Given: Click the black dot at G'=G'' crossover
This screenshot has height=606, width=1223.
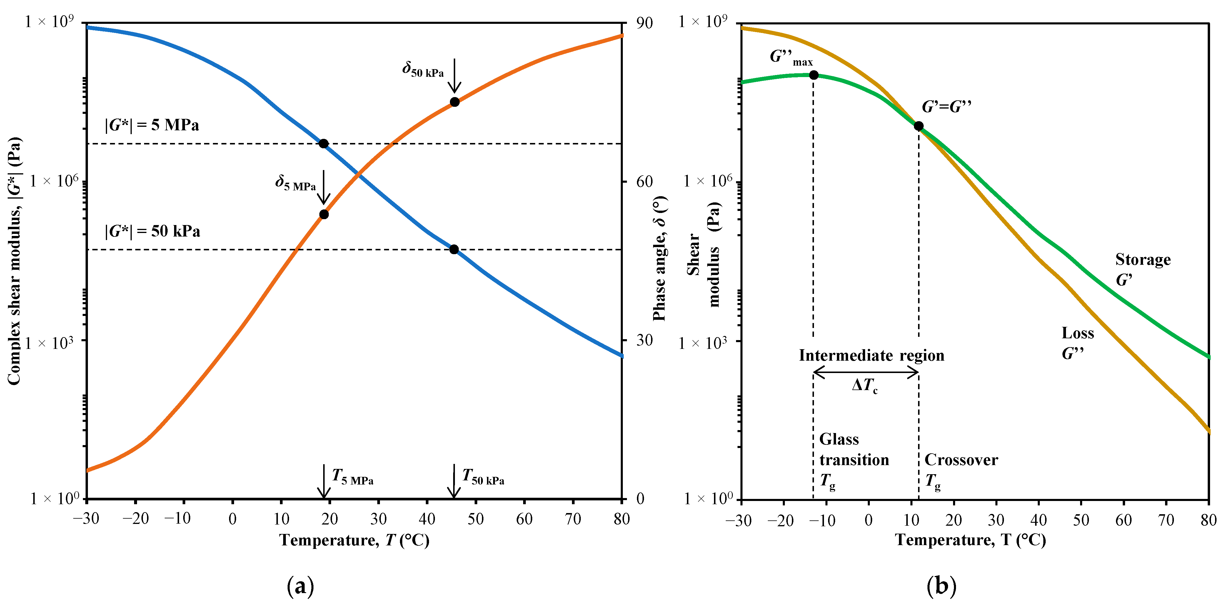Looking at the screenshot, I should (x=918, y=126).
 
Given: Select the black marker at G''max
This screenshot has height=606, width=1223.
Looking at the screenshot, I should (x=813, y=75).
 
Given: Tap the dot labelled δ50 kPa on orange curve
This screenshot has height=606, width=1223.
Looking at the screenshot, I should (x=454, y=102).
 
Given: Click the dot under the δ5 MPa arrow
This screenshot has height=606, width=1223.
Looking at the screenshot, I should (x=324, y=214).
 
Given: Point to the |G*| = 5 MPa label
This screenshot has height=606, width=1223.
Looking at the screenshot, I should (x=152, y=125).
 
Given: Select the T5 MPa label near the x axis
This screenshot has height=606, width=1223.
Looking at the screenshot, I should (x=352, y=476).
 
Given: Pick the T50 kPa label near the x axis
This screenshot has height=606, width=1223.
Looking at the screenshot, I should (x=483, y=476).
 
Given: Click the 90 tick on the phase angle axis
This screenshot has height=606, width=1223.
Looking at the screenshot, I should (x=644, y=23).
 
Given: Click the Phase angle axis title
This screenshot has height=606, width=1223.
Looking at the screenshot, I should (x=660, y=259).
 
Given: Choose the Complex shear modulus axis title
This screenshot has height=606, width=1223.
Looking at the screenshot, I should (x=14, y=261).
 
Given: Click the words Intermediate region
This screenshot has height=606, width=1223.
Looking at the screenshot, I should (x=871, y=355).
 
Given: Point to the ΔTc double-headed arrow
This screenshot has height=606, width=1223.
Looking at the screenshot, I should (x=865, y=373).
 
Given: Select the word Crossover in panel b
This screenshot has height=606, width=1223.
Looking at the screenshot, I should (x=961, y=460).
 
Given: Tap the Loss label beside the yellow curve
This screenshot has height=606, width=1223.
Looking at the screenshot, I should (x=1078, y=333).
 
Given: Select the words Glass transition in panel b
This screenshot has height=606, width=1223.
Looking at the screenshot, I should (x=854, y=449).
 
